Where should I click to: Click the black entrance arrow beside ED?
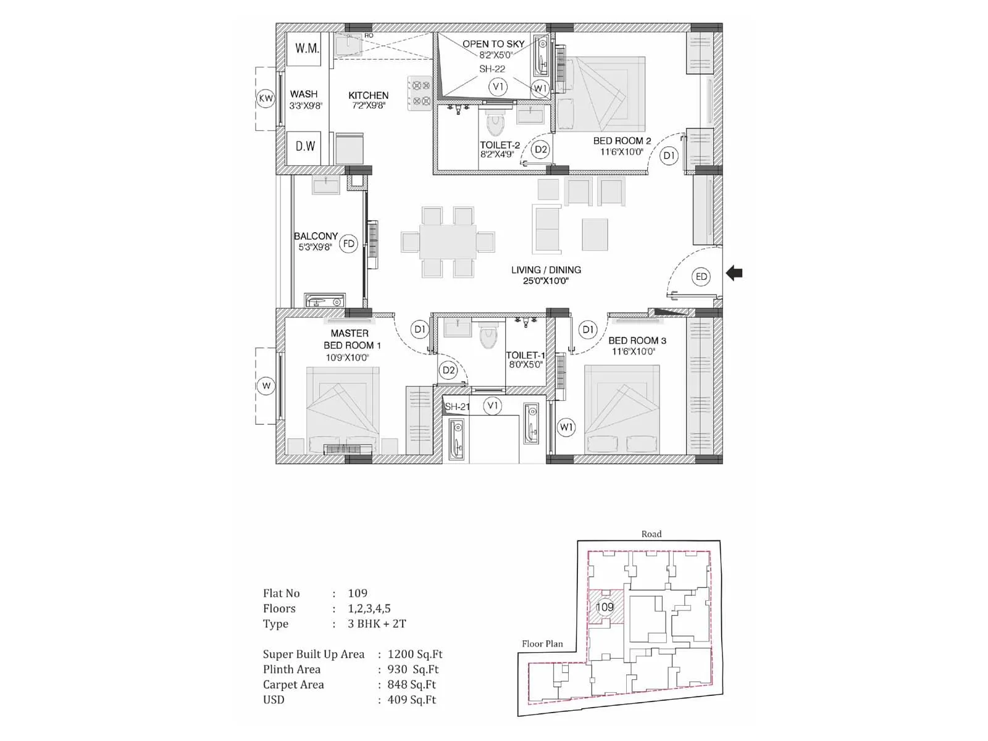point(734,273)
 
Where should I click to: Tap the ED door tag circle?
point(701,277)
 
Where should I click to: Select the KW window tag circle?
point(266,98)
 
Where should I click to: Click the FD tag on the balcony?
point(349,244)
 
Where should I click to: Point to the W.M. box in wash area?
point(306,48)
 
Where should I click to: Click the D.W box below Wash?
point(305,146)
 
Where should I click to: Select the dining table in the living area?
point(448,241)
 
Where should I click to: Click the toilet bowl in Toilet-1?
point(488,337)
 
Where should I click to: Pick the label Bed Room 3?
point(637,340)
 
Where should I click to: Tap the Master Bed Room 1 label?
point(350,339)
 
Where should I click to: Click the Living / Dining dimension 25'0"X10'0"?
point(546,281)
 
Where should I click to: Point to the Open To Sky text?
point(493,44)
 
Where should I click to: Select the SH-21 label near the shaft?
point(457,406)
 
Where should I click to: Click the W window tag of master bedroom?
point(266,386)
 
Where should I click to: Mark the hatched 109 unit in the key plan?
point(605,607)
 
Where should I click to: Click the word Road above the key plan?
point(651,534)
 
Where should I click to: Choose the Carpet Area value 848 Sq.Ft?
point(411,684)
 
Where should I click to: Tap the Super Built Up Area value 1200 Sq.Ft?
point(414,654)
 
